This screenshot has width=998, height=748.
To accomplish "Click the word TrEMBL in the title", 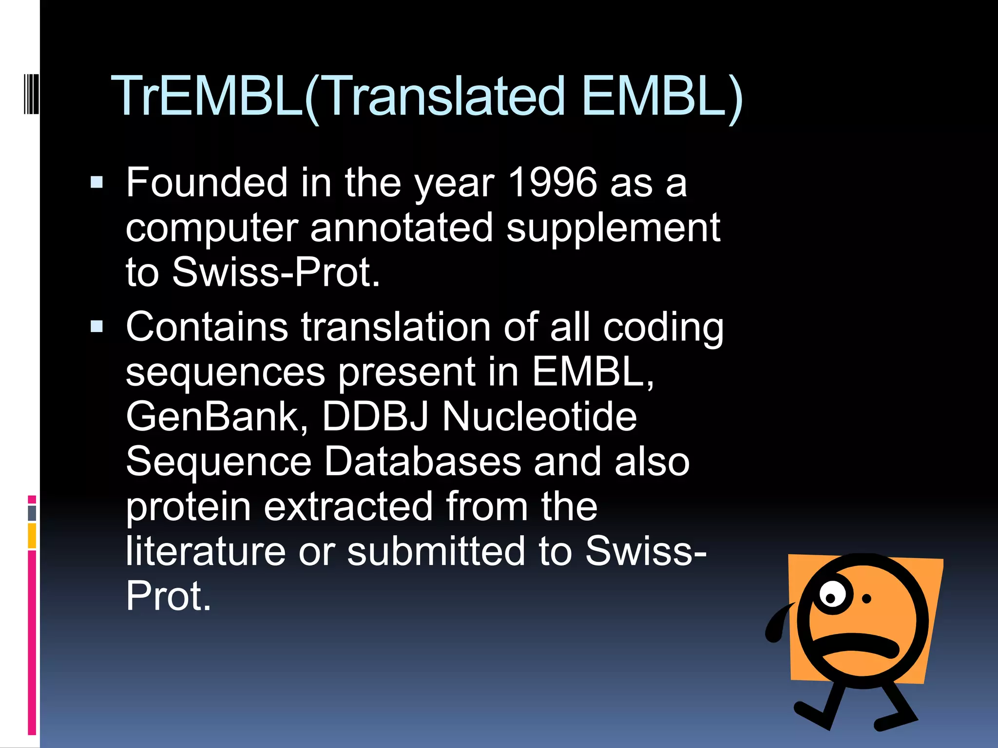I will [x=207, y=96].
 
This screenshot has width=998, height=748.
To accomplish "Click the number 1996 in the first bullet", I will [x=552, y=183].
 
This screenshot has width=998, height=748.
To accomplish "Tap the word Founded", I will [x=207, y=183].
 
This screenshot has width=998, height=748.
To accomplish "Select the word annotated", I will [x=402, y=227].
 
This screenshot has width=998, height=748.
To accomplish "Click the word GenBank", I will [x=217, y=417].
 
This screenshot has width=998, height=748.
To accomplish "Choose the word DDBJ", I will [x=375, y=417].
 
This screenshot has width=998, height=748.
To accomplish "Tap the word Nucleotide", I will [x=539, y=417].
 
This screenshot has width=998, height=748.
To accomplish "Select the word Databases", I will [x=422, y=462].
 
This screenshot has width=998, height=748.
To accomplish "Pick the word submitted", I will [x=436, y=551].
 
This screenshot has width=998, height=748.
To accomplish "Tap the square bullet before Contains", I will [x=97, y=326].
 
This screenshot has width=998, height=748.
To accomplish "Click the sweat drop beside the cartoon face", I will [x=776, y=626].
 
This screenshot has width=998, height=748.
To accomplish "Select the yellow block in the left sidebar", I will [x=32, y=535].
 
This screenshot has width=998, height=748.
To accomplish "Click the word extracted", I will [x=348, y=506].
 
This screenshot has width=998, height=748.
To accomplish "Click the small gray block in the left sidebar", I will [x=32, y=513].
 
